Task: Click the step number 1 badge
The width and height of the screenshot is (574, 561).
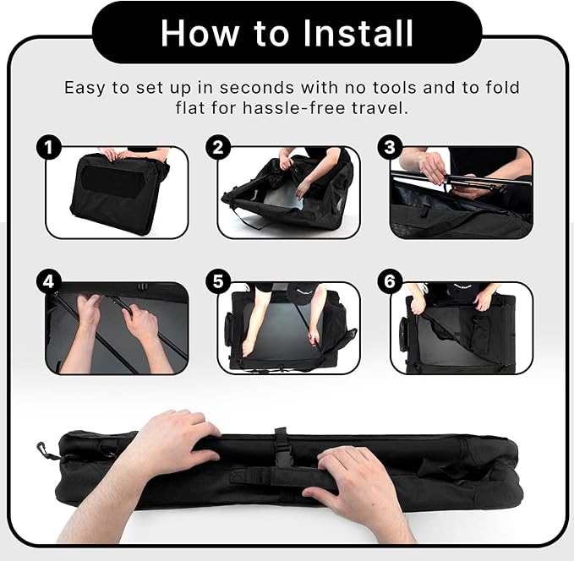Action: click(49, 148)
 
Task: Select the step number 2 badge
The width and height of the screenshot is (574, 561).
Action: click(218, 148)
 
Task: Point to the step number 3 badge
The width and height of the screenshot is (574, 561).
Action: click(390, 148)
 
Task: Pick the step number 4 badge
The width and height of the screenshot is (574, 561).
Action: click(49, 282)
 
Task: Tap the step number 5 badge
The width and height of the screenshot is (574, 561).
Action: click(218, 282)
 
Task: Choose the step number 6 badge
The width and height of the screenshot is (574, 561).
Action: click(390, 282)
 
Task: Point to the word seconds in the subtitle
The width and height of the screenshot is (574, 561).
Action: click(257, 88)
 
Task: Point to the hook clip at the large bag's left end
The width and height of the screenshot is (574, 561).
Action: click(45, 451)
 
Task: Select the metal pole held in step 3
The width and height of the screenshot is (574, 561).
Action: click(462, 180)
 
